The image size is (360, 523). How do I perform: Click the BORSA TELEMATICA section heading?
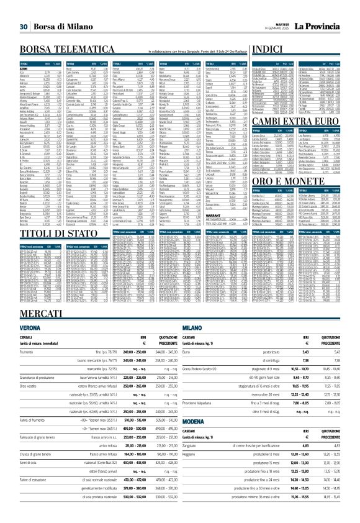tap(65, 48)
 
